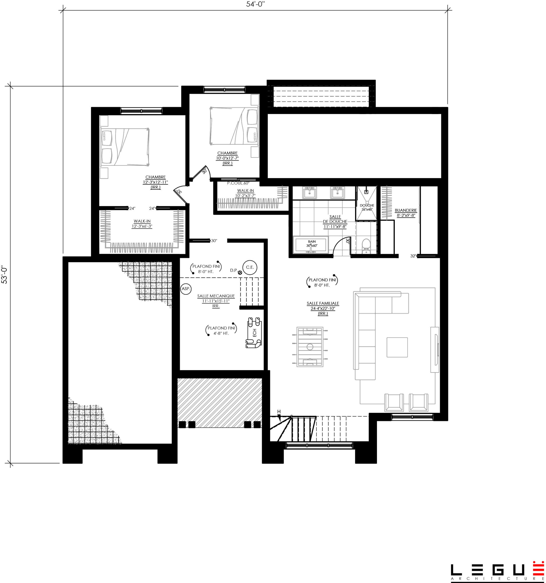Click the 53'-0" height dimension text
[4, 274]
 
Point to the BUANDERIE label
[406, 210]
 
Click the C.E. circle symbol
[250, 267]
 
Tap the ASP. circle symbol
[186, 289]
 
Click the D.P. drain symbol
[240, 272]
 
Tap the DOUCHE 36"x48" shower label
[367, 207]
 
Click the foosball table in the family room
[310, 347]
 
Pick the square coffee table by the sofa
[397, 347]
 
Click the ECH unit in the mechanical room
[254, 332]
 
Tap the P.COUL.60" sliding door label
[238, 183]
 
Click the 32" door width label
[413, 256]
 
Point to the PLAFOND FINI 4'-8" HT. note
[221, 330]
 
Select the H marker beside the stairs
[279, 412]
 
